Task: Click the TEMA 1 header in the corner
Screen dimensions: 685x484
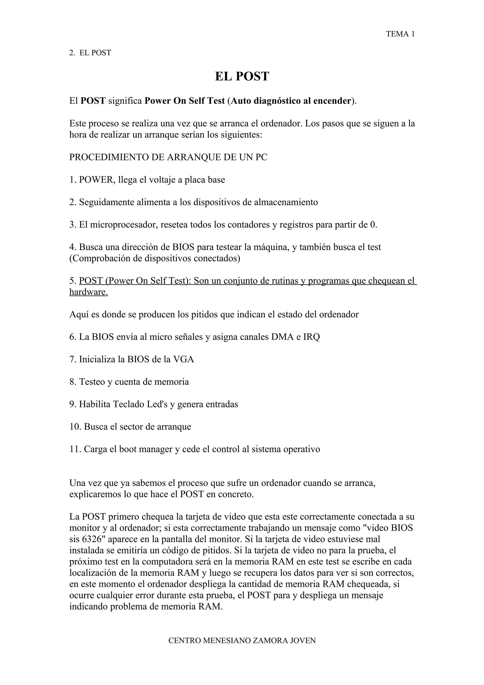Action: [x=400, y=34]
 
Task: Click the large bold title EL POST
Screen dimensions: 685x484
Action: [x=242, y=76]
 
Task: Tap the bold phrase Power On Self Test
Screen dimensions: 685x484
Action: [x=185, y=101]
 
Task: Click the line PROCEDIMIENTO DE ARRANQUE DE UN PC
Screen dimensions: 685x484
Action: [x=168, y=157]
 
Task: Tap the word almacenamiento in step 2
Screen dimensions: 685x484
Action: [x=286, y=202]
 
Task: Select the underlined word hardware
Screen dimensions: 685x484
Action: [x=88, y=292]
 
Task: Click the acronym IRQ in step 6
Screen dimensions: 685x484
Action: [x=311, y=337]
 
